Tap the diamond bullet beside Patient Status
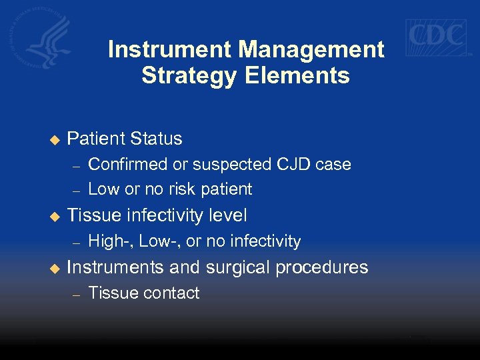55,139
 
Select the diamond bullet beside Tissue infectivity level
55,216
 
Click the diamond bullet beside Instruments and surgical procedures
55,268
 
